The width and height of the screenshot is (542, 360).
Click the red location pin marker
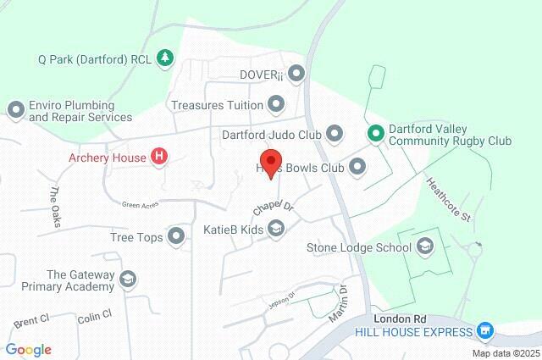(270, 162)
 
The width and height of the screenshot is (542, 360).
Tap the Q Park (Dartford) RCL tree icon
(167, 57)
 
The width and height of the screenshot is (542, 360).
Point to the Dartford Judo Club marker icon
(335, 134)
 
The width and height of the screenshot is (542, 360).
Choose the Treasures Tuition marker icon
(276, 105)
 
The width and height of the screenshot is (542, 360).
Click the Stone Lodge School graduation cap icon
(424, 247)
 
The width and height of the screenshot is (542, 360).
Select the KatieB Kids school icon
(276, 228)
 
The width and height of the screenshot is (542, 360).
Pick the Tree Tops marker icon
(177, 236)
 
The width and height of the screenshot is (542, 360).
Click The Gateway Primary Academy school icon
(128, 280)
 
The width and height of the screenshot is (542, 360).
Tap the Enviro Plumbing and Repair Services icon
(15, 110)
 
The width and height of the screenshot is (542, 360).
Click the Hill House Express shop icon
(484, 330)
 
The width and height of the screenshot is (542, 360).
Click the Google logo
(28, 350)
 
